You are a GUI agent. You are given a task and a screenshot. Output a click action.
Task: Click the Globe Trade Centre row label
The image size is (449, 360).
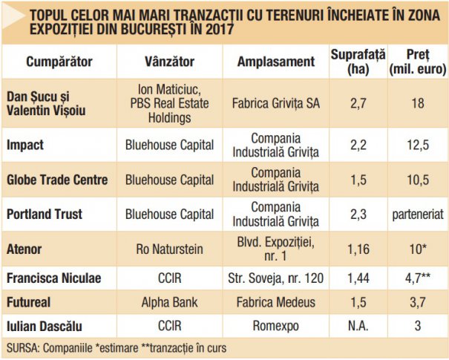tap(56, 179)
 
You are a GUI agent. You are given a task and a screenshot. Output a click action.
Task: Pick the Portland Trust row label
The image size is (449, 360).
tap(45, 214)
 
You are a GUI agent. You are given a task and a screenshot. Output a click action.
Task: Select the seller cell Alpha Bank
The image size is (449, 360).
tap(166, 303)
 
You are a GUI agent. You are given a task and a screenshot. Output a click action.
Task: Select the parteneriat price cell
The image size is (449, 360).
tap(416, 214)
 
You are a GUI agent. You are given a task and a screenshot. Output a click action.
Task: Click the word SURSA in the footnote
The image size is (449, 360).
tap(23, 347)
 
